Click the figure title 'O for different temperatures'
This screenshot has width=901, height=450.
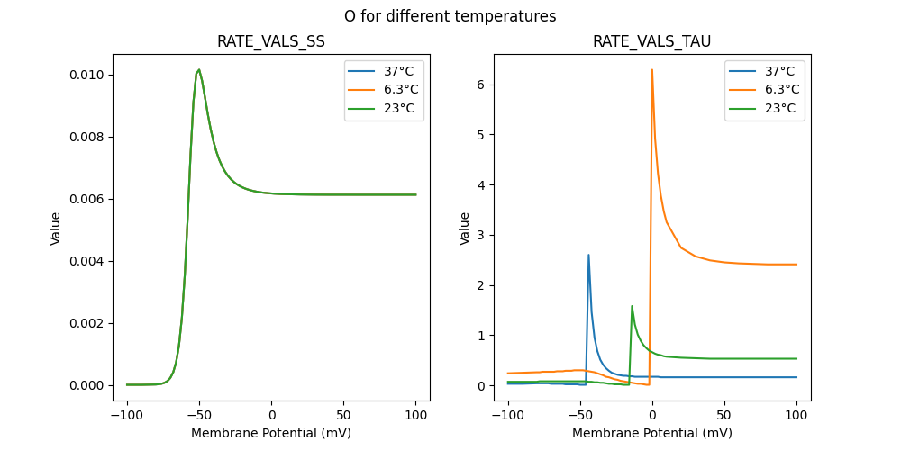450,16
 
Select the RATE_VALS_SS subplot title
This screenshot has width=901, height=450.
271,42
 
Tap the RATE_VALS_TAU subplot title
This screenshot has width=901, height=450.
651,42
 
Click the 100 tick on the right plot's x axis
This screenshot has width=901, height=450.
796,415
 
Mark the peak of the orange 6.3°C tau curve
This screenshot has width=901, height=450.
652,70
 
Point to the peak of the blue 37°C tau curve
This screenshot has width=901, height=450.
588,255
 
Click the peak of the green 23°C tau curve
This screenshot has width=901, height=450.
632,306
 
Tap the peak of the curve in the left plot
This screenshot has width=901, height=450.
199,69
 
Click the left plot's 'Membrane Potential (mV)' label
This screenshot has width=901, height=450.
271,433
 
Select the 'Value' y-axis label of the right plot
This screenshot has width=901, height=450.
465,229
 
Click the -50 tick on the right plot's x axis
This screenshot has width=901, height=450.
580,415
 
